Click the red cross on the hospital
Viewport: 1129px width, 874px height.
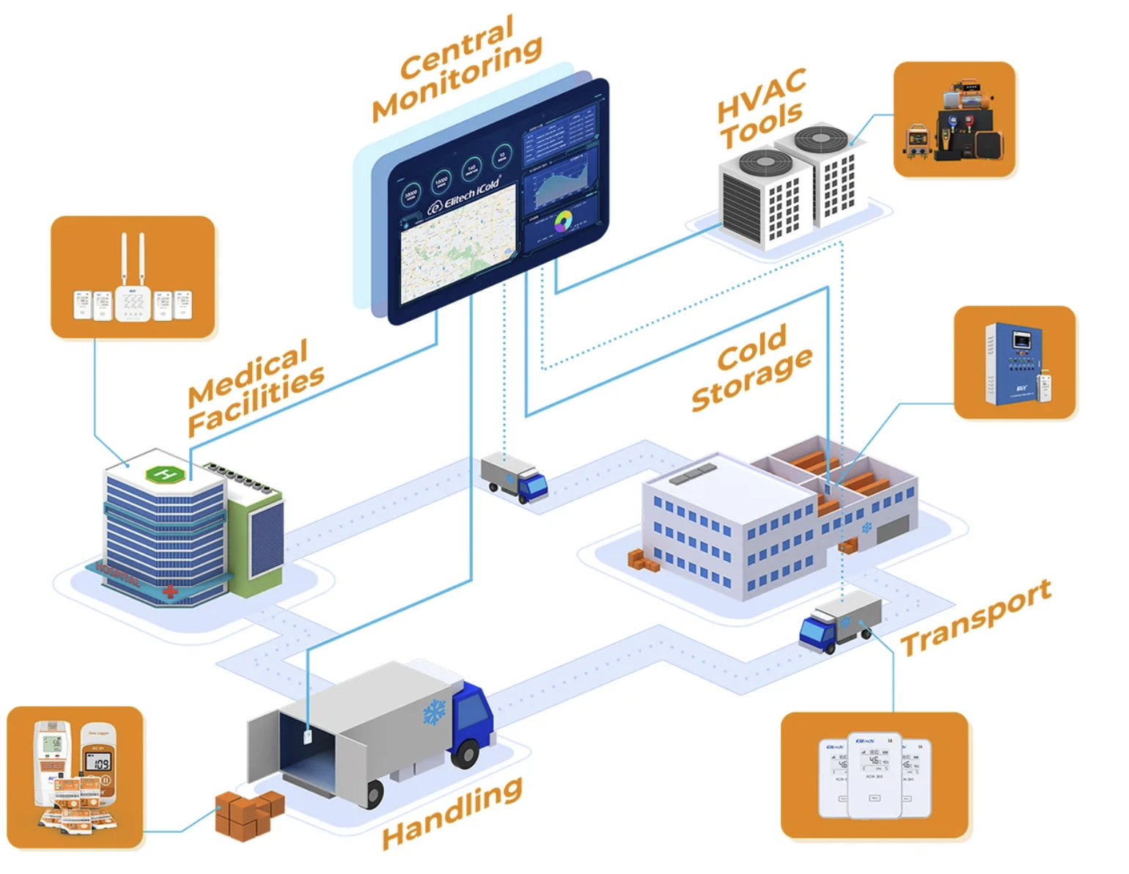coord(170,590)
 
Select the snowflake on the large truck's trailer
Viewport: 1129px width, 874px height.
coord(434,711)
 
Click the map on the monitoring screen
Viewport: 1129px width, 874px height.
coord(458,249)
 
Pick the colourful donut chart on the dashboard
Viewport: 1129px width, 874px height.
coord(563,221)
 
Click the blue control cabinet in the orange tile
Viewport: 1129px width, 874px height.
coord(1013,362)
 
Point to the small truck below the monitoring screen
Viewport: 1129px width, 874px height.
coord(514,478)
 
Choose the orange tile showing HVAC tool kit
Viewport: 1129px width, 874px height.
coord(955,120)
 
